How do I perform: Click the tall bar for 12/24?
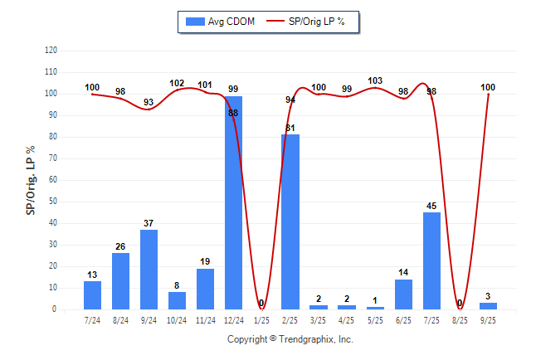click(x=234, y=203)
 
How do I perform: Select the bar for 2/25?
click(x=290, y=221)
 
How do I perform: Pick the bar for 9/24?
click(x=149, y=270)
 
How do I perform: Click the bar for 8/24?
click(x=120, y=281)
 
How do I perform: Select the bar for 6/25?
click(x=403, y=294)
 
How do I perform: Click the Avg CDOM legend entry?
click(x=220, y=22)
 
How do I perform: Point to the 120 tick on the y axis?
click(x=51, y=51)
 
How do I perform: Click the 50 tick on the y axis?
click(x=52, y=202)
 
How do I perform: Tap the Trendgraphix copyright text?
click(x=290, y=339)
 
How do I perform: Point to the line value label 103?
click(x=375, y=80)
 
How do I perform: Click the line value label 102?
click(x=177, y=83)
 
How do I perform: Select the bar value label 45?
click(x=431, y=206)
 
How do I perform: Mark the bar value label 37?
click(x=149, y=223)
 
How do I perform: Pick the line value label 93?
click(x=149, y=102)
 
